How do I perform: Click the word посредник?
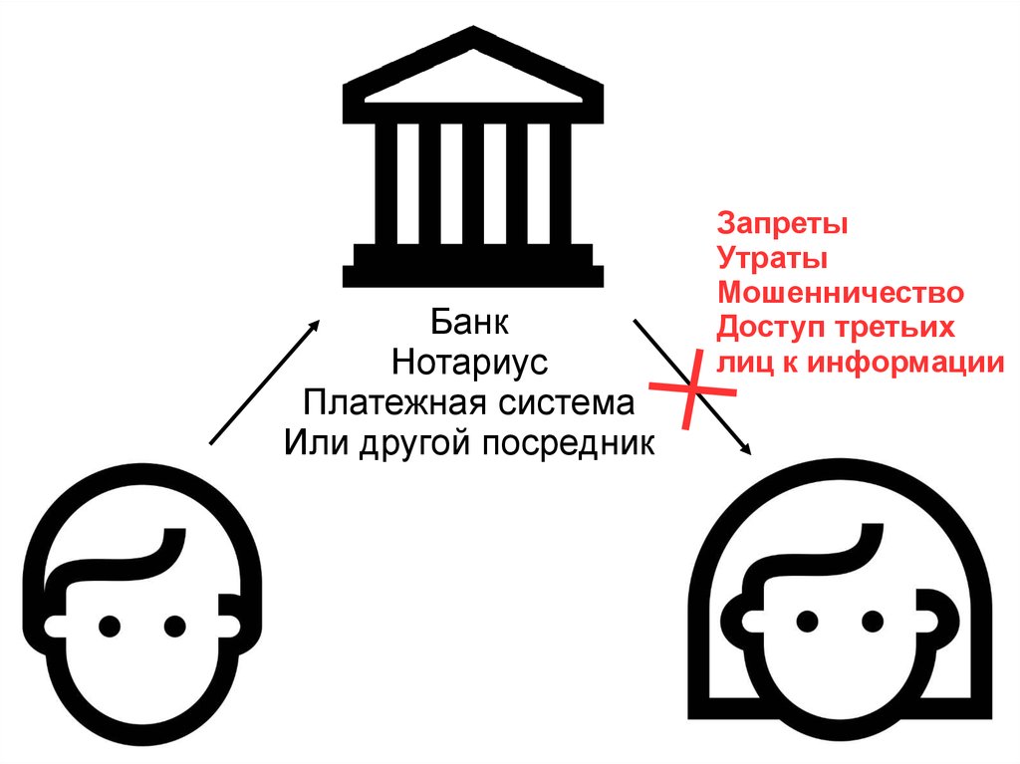tap(570, 441)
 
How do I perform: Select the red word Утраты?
tap(772, 259)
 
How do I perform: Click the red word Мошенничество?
tap(841, 294)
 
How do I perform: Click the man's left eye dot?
tap(110, 626)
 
